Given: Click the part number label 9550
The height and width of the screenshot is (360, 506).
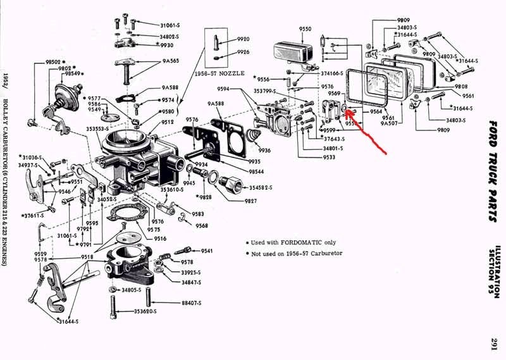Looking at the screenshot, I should coord(305,29).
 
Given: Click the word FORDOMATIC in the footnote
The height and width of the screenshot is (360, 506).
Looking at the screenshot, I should coord(300,242).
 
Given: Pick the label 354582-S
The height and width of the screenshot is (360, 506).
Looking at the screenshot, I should coord(261,188).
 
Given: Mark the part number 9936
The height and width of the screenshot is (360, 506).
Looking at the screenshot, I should coord(264,151).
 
